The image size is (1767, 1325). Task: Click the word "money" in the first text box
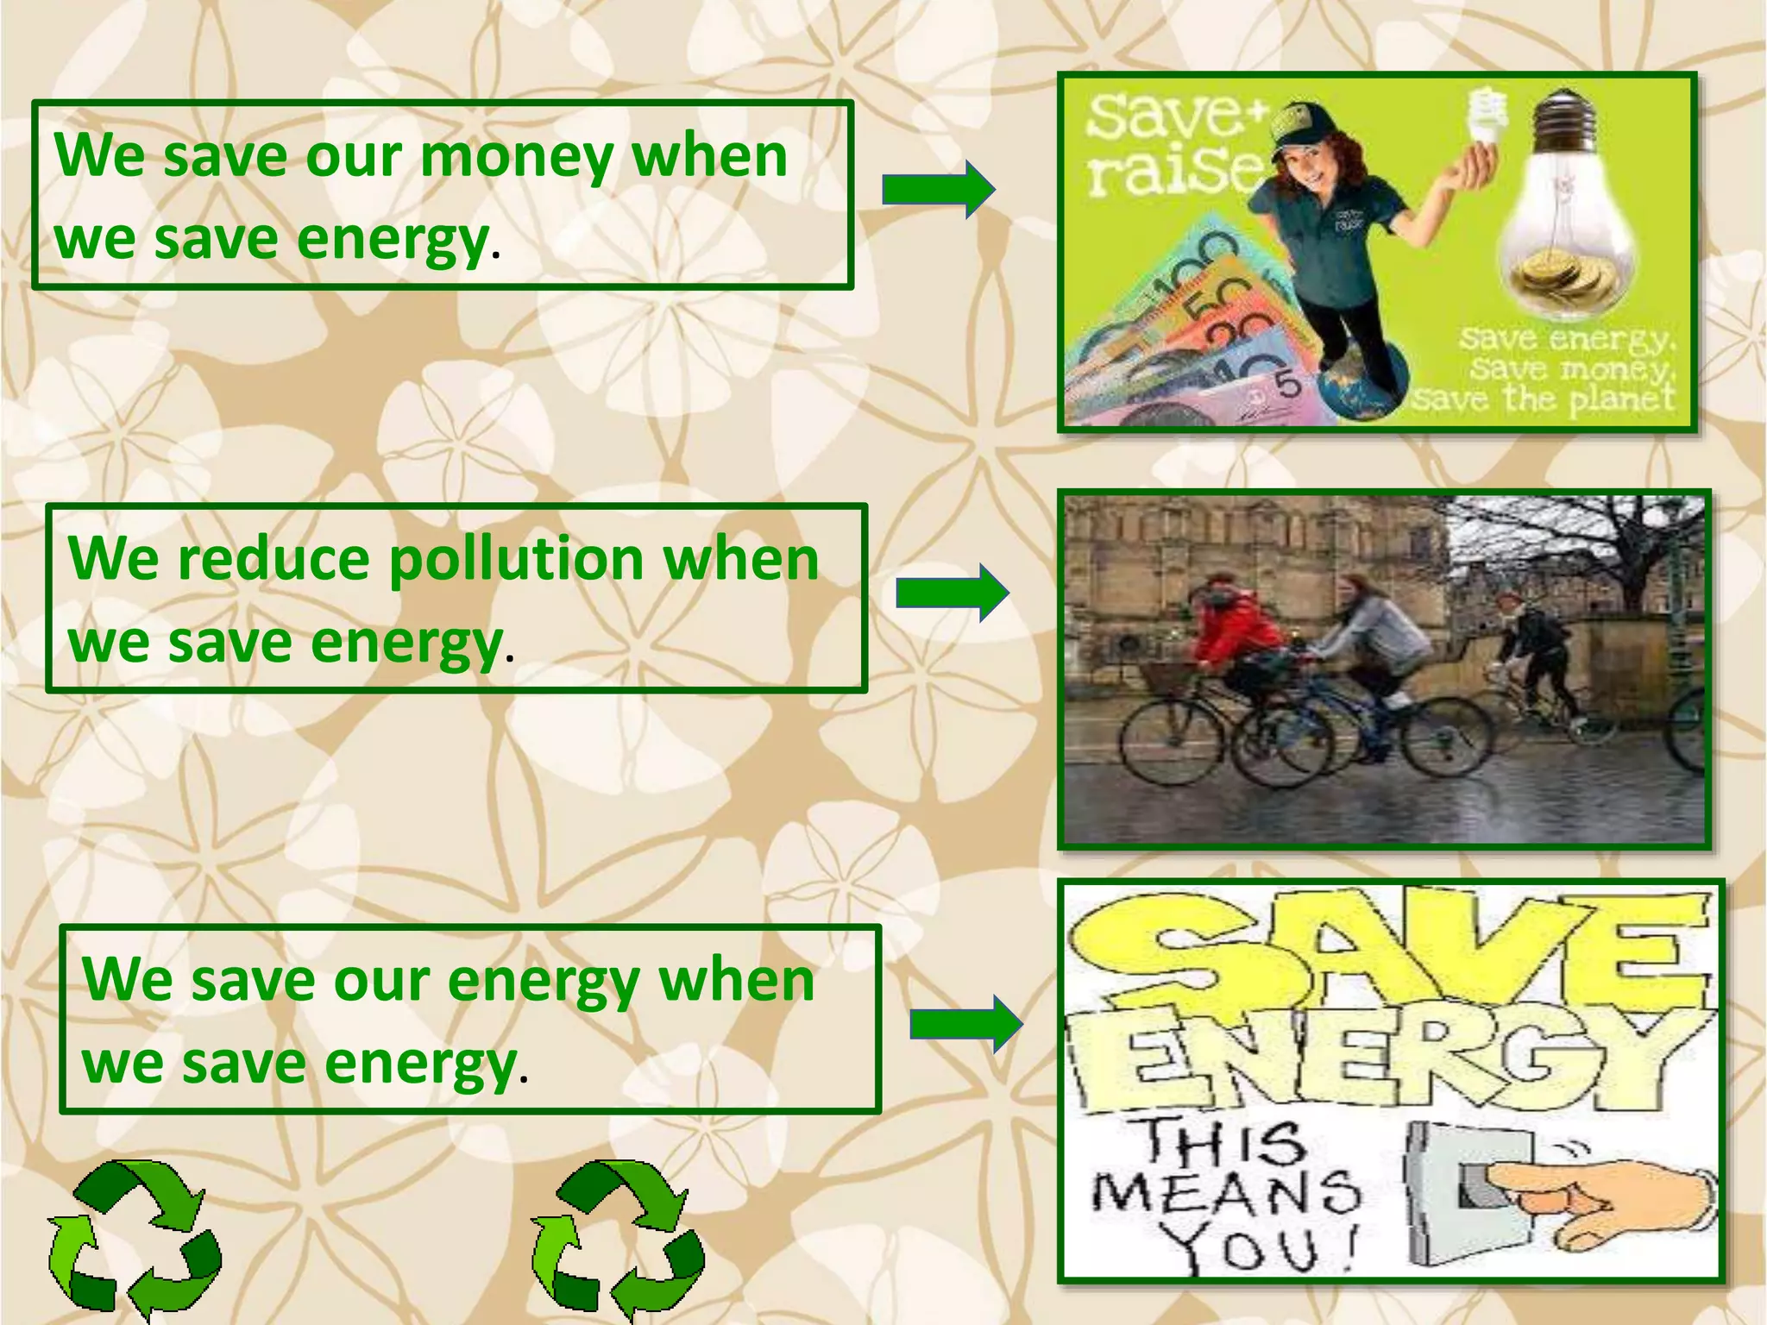[517, 157]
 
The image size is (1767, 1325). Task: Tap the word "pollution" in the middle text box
[516, 561]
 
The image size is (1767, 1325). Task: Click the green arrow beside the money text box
[938, 189]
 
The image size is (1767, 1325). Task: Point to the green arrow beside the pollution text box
[952, 593]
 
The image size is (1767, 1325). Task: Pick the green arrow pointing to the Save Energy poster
[966, 1024]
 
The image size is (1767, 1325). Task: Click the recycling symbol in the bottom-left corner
[135, 1239]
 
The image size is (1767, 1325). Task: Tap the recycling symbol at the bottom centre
[618, 1239]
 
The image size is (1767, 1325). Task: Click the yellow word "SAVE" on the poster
[1389, 953]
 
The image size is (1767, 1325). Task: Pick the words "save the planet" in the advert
[1544, 399]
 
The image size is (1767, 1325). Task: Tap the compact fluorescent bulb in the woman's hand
[1488, 121]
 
